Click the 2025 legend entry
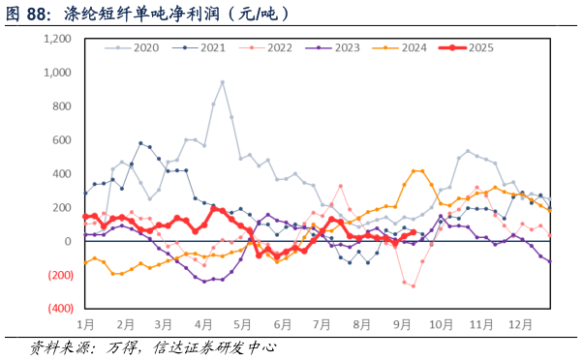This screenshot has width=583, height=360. tap(479, 47)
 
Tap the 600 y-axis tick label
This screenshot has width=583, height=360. tap(62, 140)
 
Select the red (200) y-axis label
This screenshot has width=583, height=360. tap(60, 275)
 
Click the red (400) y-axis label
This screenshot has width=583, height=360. tap(60, 309)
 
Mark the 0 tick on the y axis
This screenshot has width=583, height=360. tap(68, 241)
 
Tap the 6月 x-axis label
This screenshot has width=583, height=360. tap(284, 325)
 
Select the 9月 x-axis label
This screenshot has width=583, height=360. tap(402, 325)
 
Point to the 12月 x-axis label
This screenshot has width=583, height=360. tap(521, 325)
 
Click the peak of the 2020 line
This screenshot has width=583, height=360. tap(222, 82)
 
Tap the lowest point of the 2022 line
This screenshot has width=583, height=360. tap(414, 285)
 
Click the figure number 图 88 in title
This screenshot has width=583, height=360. tap(26, 14)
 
